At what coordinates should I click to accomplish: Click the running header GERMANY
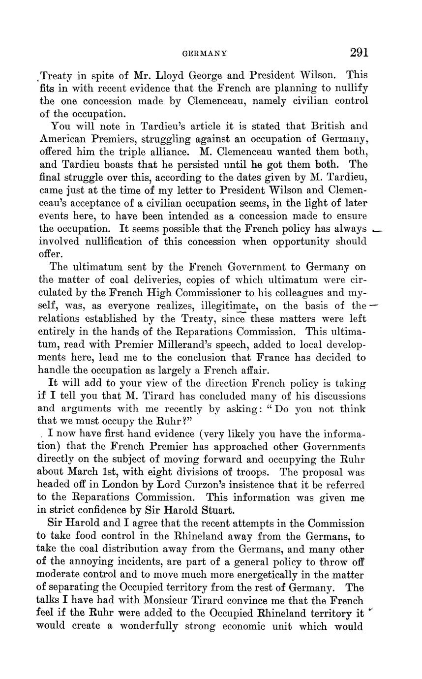tap(204, 53)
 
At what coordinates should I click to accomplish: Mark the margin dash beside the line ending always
tap(378, 230)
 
